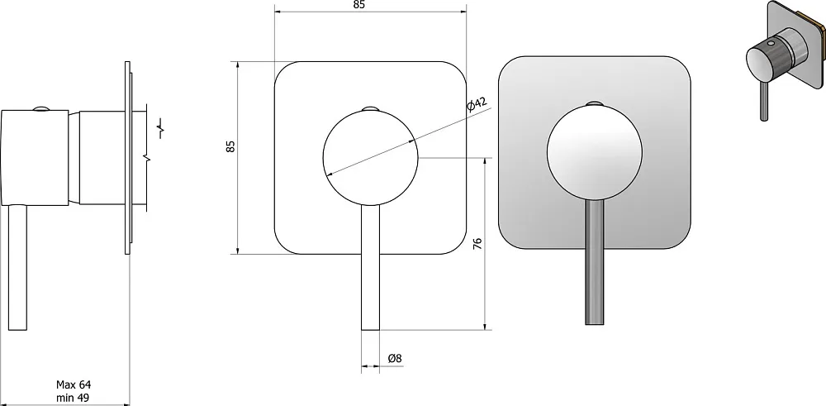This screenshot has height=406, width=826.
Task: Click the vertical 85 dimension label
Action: [230, 146]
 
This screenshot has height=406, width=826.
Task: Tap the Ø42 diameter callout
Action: [477, 104]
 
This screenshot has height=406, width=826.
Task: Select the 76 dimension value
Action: [477, 244]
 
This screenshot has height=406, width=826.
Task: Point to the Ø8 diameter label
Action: [395, 358]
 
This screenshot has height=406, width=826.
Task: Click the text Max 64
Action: [74, 385]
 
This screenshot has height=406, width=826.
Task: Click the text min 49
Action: [74, 397]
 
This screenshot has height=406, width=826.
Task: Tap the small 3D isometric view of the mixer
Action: [785, 59]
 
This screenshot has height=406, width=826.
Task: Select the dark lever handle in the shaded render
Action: [594, 263]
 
